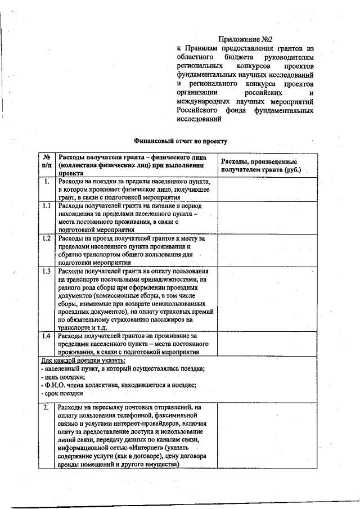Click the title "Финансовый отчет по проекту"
[x=181, y=141]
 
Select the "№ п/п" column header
[x=47, y=164]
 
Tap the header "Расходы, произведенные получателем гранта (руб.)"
[x=260, y=165]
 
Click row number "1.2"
[x=47, y=238]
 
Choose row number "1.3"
[x=47, y=271]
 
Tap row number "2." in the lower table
[x=47, y=407]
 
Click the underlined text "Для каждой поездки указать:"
[x=83, y=360]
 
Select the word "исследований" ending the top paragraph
[x=197, y=119]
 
